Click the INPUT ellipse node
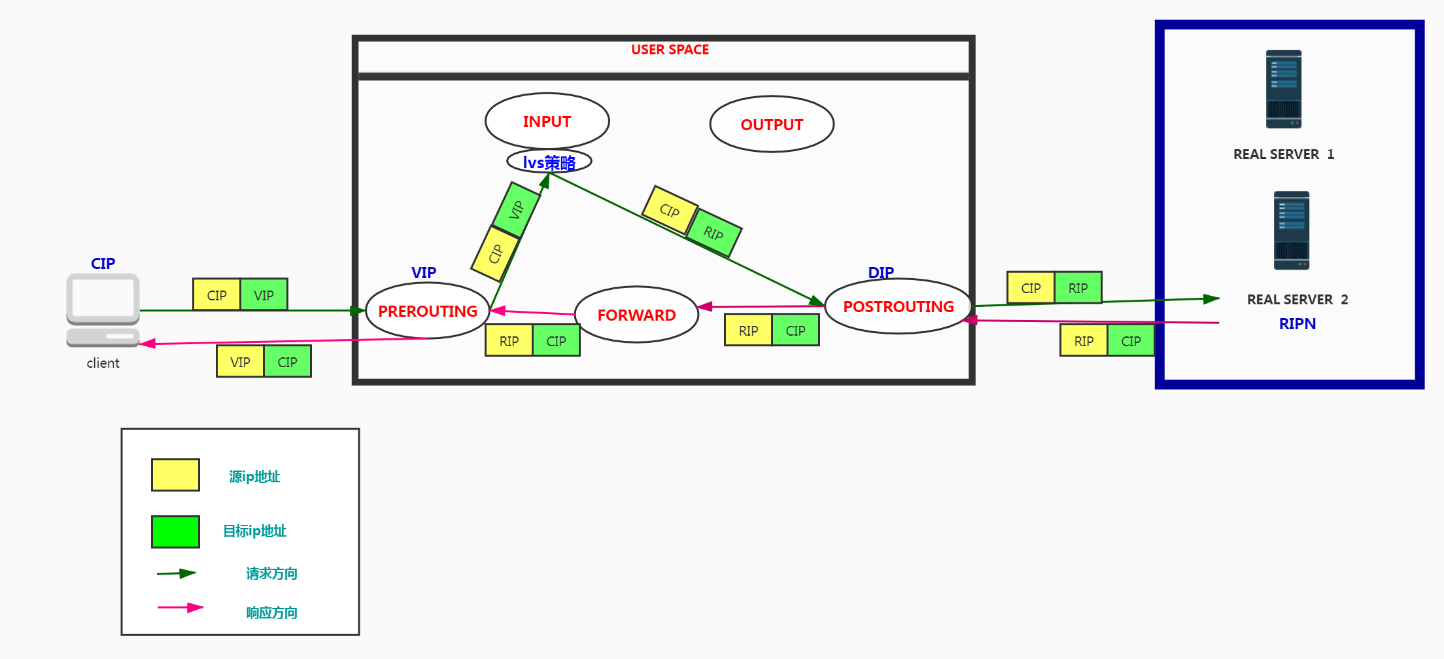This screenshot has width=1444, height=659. point(547,121)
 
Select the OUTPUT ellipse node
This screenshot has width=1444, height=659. point(772,124)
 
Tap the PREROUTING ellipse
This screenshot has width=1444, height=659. point(428,311)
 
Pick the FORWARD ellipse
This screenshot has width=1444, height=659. point(636,315)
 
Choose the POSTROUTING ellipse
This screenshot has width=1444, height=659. point(898,306)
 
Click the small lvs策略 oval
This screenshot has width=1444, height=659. point(549,162)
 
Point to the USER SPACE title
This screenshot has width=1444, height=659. point(670,50)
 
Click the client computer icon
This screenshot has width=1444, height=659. point(103,310)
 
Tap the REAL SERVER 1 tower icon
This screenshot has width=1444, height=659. point(1283,89)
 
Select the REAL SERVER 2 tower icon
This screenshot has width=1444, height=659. point(1291,230)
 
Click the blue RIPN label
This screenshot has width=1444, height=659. point(1297,324)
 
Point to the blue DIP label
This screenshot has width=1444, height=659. point(880,272)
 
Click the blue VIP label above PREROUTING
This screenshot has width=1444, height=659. point(423,272)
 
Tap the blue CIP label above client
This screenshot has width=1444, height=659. point(103,263)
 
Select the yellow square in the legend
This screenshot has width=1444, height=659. point(175,474)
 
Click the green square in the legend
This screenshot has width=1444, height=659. point(175,531)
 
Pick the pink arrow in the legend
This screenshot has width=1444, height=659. point(180,608)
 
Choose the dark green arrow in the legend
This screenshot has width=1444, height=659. point(177,574)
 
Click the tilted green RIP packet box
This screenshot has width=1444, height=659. point(714,233)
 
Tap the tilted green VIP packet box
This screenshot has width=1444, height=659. point(517,209)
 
